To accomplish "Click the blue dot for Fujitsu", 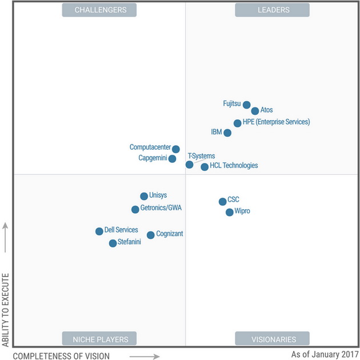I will pyautogui.click(x=246, y=105).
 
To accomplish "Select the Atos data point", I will pyautogui.click(x=255, y=111).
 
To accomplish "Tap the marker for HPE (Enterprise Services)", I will pyautogui.click(x=238, y=123).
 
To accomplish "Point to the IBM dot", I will pyautogui.click(x=227, y=133).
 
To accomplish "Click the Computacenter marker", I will pyautogui.click(x=176, y=149).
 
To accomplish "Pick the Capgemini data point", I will pyautogui.click(x=173, y=158).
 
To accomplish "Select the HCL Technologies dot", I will pyautogui.click(x=205, y=167).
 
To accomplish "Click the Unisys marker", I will pyautogui.click(x=144, y=196).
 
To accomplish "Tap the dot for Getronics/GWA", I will pyautogui.click(x=135, y=209).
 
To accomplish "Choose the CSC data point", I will pyautogui.click(x=222, y=201).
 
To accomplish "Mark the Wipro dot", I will pyautogui.click(x=229, y=212).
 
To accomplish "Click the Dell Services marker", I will pyautogui.click(x=99, y=231).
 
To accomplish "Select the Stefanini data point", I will pyautogui.click(x=113, y=243).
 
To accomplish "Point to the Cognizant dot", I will pyautogui.click(x=150, y=235).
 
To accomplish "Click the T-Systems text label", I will pyautogui.click(x=202, y=156).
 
